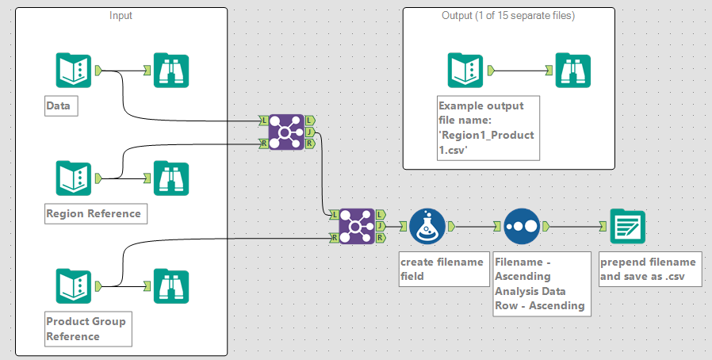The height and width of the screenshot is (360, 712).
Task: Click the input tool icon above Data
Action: pyautogui.click(x=73, y=70)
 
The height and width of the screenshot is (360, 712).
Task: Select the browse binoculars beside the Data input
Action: pyautogui.click(x=170, y=70)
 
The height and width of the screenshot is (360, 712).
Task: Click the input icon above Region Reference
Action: pyautogui.click(x=73, y=178)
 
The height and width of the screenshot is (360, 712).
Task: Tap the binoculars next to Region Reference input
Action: pyautogui.click(x=170, y=178)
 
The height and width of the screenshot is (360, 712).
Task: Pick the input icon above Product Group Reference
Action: pyautogui.click(x=73, y=285)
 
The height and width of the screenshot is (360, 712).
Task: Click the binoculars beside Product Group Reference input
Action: pyautogui.click(x=170, y=285)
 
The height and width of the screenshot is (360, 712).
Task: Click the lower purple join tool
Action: pyautogui.click(x=356, y=226)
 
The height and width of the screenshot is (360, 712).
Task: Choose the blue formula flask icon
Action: pyautogui.click(x=427, y=226)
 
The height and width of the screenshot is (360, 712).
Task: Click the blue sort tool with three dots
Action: pyautogui.click(x=521, y=226)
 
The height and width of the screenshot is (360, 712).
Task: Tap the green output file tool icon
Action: pyautogui.click(x=627, y=226)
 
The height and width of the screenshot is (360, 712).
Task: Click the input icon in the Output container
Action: pyautogui.click(x=465, y=70)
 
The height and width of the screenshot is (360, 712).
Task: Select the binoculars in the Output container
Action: pyautogui.click(x=572, y=70)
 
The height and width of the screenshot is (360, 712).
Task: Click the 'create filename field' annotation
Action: pyautogui.click(x=442, y=269)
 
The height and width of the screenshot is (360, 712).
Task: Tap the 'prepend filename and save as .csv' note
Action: pyautogui.click(x=648, y=269)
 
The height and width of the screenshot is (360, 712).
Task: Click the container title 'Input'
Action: pyautogui.click(x=121, y=16)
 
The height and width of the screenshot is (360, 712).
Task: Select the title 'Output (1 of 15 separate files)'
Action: pyautogui.click(x=508, y=16)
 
